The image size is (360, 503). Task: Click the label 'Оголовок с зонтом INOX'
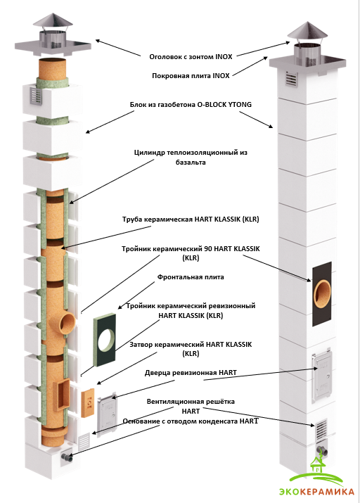coord(191,57)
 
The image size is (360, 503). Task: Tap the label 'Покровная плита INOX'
coord(191,76)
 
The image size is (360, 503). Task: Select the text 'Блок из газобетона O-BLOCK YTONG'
coord(191,105)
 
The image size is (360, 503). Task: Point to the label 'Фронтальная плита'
coord(191,277)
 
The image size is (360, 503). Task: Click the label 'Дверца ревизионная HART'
coord(191,373)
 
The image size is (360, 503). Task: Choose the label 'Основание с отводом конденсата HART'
coord(191,421)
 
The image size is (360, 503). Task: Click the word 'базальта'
coord(191,163)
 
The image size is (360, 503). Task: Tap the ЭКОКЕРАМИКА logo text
coord(316,492)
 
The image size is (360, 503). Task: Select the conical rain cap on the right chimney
coord(307,30)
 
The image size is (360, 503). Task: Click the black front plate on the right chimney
coord(322,294)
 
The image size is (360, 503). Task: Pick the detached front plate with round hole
coord(105,340)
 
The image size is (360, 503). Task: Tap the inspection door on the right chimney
coord(321,376)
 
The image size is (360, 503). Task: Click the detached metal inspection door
coord(108,414)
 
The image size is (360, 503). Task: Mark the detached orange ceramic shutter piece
coord(87,403)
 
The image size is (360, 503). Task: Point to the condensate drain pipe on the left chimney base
coord(67,458)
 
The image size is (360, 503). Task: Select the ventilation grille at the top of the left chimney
coord(37,96)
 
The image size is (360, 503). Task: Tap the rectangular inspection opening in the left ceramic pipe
coord(62,395)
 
